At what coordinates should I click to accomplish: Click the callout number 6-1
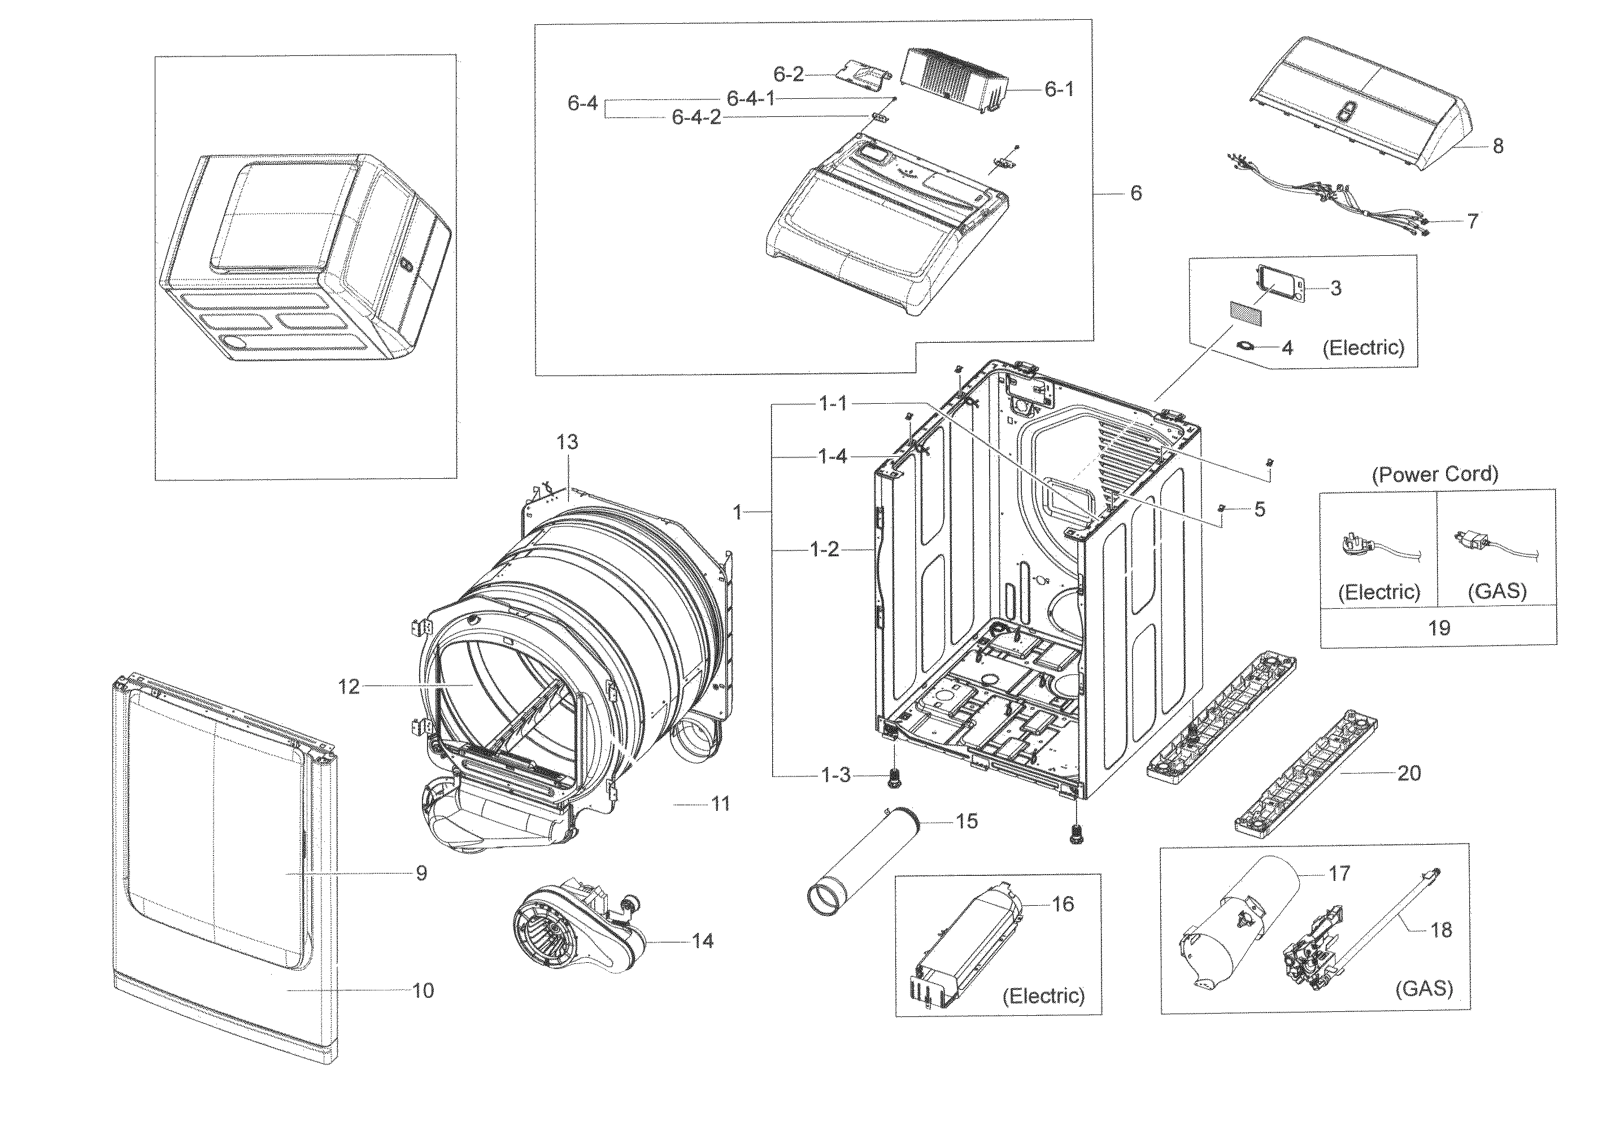click(x=1059, y=89)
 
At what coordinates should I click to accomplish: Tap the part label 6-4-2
click(x=696, y=117)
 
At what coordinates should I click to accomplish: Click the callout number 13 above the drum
click(x=567, y=442)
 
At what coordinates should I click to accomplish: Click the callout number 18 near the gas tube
click(x=1440, y=930)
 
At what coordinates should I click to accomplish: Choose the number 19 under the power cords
click(x=1439, y=628)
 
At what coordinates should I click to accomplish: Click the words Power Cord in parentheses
click(x=1435, y=474)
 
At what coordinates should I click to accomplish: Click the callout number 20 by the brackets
click(x=1408, y=773)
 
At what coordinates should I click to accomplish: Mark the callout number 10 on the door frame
click(x=423, y=990)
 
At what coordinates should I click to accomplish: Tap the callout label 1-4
click(x=833, y=457)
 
